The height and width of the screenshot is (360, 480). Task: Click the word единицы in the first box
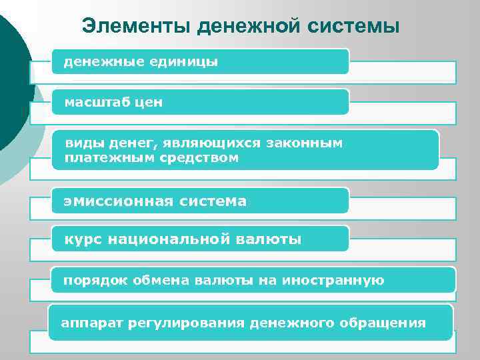185,62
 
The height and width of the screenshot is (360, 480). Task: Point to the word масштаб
95,103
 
